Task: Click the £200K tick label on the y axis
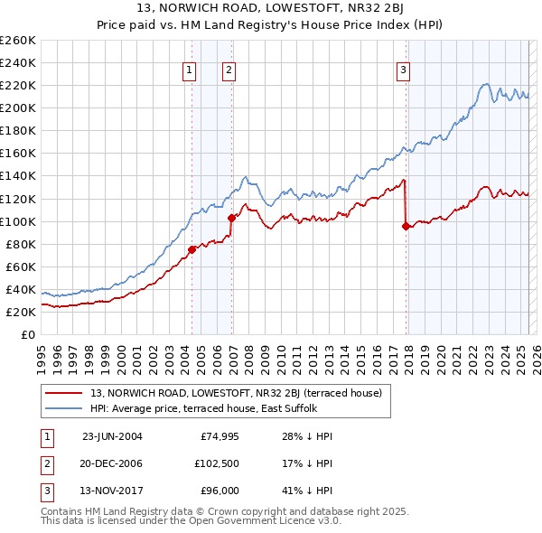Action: coord(18,108)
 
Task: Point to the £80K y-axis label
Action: coord(21,244)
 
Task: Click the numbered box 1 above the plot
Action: coord(190,70)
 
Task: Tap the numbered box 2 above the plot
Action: coord(229,70)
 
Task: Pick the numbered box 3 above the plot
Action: coord(403,70)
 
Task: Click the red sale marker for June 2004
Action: coord(192,249)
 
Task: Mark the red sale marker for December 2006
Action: coord(231,218)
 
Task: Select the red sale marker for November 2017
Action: coord(406,226)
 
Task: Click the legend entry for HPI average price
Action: coord(216,408)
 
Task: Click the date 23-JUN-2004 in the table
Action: coord(112,435)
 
